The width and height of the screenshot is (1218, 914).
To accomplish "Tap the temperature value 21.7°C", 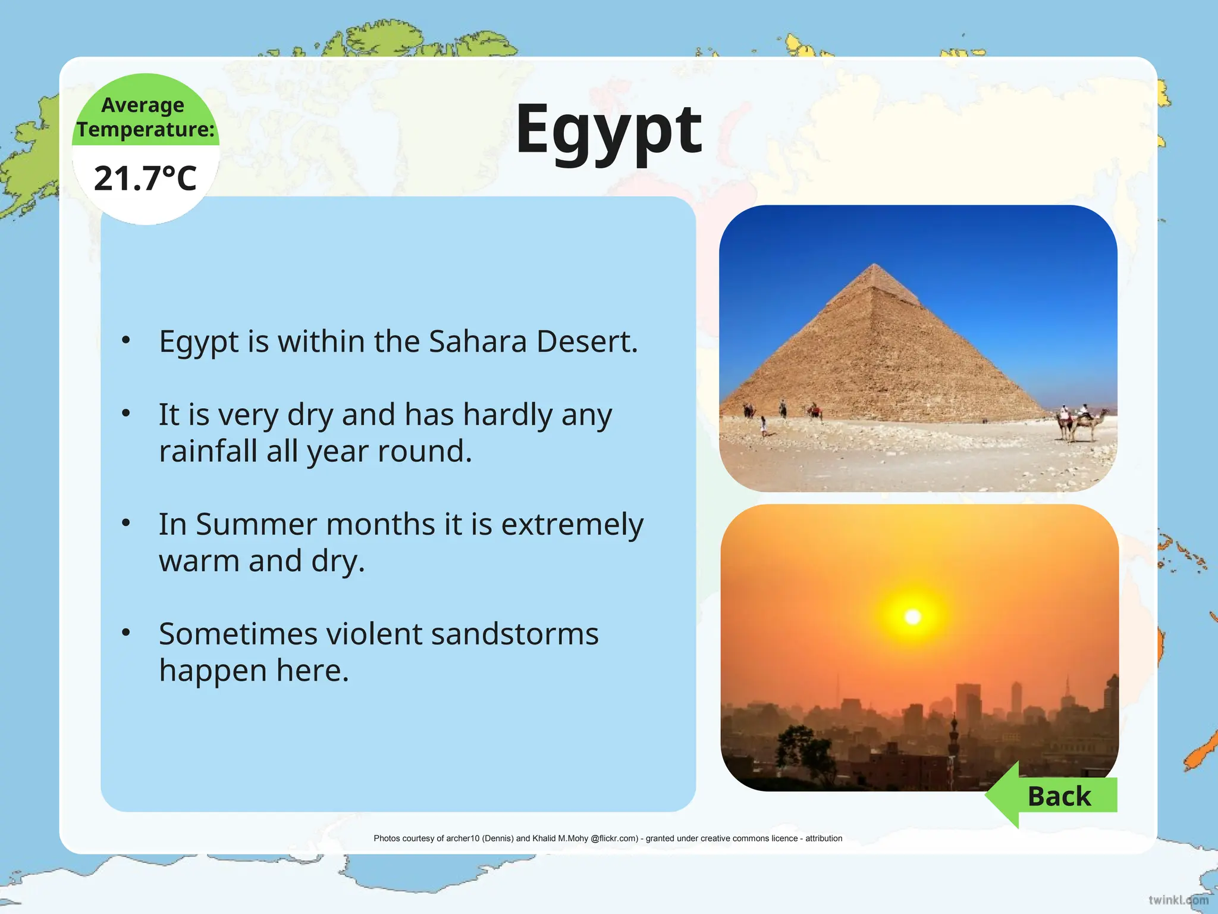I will (x=145, y=179).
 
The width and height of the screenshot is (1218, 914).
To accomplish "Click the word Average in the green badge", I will (x=143, y=105).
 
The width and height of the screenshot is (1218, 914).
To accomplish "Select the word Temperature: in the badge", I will (x=146, y=129).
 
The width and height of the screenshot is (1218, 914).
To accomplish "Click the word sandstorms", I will (x=514, y=634).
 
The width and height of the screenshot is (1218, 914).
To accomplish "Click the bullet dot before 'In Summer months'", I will (x=126, y=523).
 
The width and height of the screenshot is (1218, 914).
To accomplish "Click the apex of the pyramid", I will (x=874, y=265).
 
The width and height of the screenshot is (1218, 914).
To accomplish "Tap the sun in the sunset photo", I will (x=912, y=617).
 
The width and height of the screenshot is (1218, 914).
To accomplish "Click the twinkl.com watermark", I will (x=1178, y=899).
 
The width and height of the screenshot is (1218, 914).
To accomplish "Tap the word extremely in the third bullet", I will (x=572, y=524).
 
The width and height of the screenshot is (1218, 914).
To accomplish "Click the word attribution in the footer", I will (x=824, y=838).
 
